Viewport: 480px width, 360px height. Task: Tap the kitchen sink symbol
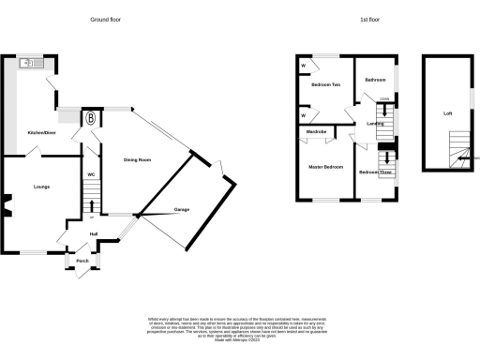click(27, 64)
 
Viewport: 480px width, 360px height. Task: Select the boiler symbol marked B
click(91, 119)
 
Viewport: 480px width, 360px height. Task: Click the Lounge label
click(42, 187)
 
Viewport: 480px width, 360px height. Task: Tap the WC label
click(91, 174)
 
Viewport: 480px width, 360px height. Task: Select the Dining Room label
click(138, 159)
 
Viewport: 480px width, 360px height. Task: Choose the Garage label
click(182, 209)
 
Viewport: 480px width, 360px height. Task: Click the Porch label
click(82, 261)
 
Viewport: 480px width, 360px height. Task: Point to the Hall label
click(93, 233)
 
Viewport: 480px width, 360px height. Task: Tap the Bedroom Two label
click(324, 84)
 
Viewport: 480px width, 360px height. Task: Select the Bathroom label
click(376, 80)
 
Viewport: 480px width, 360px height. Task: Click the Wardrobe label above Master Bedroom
click(316, 132)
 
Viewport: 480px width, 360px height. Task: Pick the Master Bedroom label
click(325, 167)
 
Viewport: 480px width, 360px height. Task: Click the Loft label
click(447, 113)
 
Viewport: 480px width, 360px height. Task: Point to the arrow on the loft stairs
click(460, 158)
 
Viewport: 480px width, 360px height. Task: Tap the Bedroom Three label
click(375, 172)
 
